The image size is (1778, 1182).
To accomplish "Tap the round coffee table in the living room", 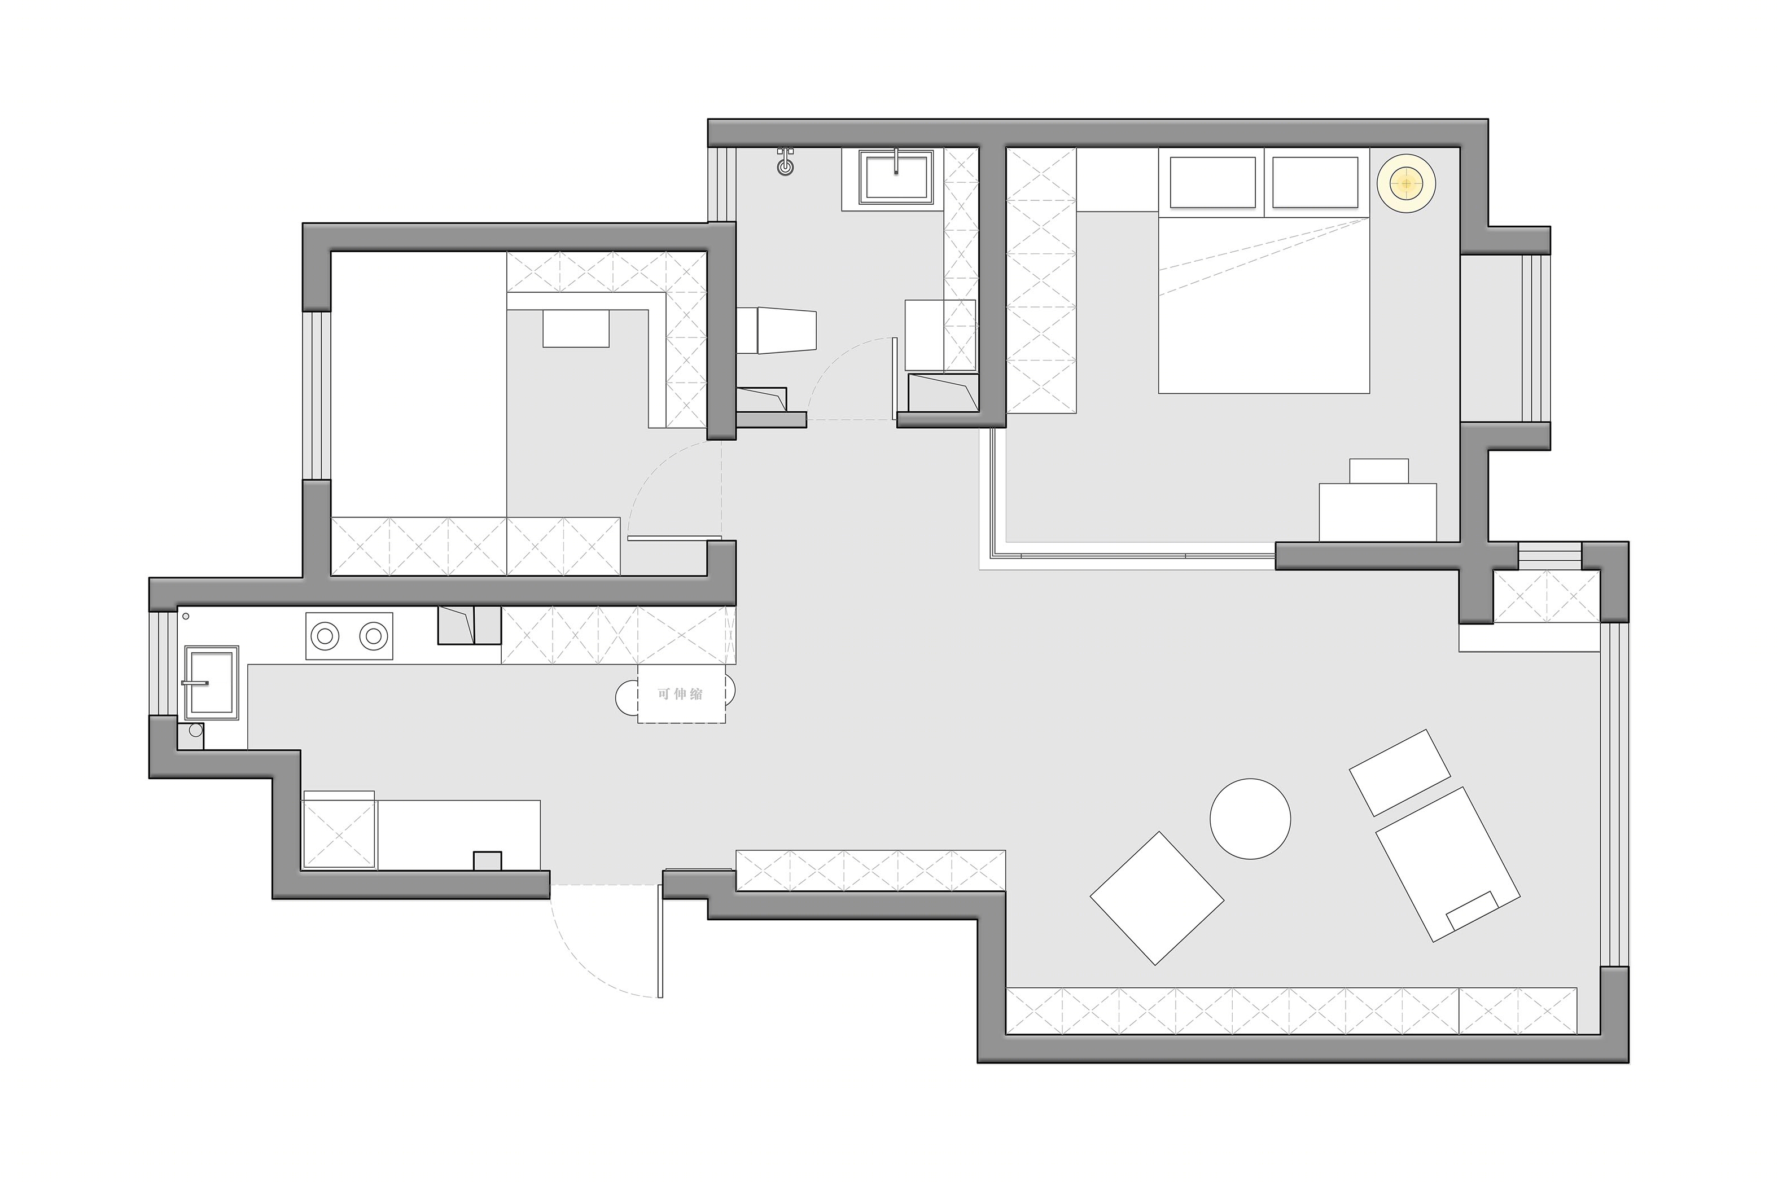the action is coord(1250,819).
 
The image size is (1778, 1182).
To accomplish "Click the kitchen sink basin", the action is coord(212,682).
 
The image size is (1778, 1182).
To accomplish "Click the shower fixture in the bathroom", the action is coord(786,161).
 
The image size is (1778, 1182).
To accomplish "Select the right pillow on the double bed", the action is coord(1315,182).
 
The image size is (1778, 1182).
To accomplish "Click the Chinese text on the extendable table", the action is coord(680,693).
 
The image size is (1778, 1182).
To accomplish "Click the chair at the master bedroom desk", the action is coord(1379,471).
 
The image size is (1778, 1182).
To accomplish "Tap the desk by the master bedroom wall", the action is coord(1378,512).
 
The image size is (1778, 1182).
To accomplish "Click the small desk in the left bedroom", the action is coord(576,329).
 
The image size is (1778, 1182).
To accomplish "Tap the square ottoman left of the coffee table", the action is coord(1157,897).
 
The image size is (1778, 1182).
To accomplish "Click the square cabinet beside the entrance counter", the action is coord(339,829).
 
